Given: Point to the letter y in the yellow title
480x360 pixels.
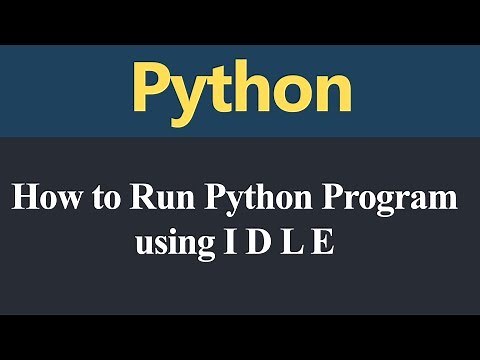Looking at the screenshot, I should point(187,95).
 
